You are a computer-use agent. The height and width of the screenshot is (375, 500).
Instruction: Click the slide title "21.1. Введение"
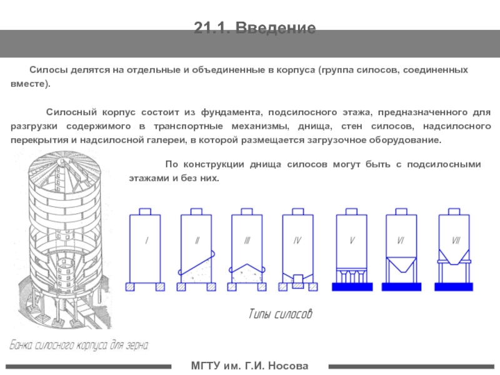pyautogui.click(x=254, y=28)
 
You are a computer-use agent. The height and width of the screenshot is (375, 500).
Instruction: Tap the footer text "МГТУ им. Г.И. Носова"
pyautogui.click(x=249, y=365)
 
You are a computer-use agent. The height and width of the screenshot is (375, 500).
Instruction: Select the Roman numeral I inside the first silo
pyautogui.click(x=146, y=241)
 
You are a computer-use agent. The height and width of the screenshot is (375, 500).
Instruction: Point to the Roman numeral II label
pyautogui.click(x=197, y=241)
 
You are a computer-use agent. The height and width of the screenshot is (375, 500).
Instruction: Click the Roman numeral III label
pyautogui.click(x=248, y=241)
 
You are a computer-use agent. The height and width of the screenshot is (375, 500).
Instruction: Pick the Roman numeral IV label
pyautogui.click(x=298, y=241)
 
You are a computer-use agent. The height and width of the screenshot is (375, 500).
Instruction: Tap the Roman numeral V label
pyautogui.click(x=352, y=241)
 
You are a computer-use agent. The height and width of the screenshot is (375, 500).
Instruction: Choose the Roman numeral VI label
pyautogui.click(x=401, y=241)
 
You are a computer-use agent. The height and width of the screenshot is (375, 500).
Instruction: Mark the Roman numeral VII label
pyautogui.click(x=456, y=241)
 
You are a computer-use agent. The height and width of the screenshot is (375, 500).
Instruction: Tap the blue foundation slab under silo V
pyautogui.click(x=352, y=287)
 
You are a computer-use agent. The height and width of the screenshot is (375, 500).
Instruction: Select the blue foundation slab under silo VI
pyautogui.click(x=403, y=287)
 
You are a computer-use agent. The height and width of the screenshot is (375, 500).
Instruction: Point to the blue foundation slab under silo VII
pyautogui.click(x=456, y=287)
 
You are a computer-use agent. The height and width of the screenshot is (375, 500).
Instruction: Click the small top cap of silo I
pyautogui.click(x=145, y=211)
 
